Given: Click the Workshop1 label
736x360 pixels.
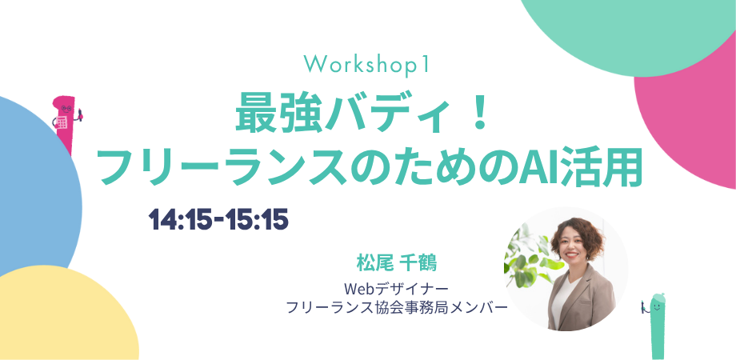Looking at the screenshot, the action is (x=366, y=64).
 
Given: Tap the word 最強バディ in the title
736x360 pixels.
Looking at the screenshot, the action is (x=338, y=117).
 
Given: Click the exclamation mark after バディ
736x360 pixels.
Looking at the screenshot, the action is (x=478, y=117).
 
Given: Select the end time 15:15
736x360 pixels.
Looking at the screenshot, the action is (x=256, y=219).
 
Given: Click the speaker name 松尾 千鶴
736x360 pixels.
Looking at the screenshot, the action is (x=396, y=263).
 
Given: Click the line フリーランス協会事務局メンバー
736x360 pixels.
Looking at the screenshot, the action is (x=397, y=307).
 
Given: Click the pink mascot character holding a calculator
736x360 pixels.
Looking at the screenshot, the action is (x=66, y=123).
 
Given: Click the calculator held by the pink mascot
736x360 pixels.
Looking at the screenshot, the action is (x=62, y=122).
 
